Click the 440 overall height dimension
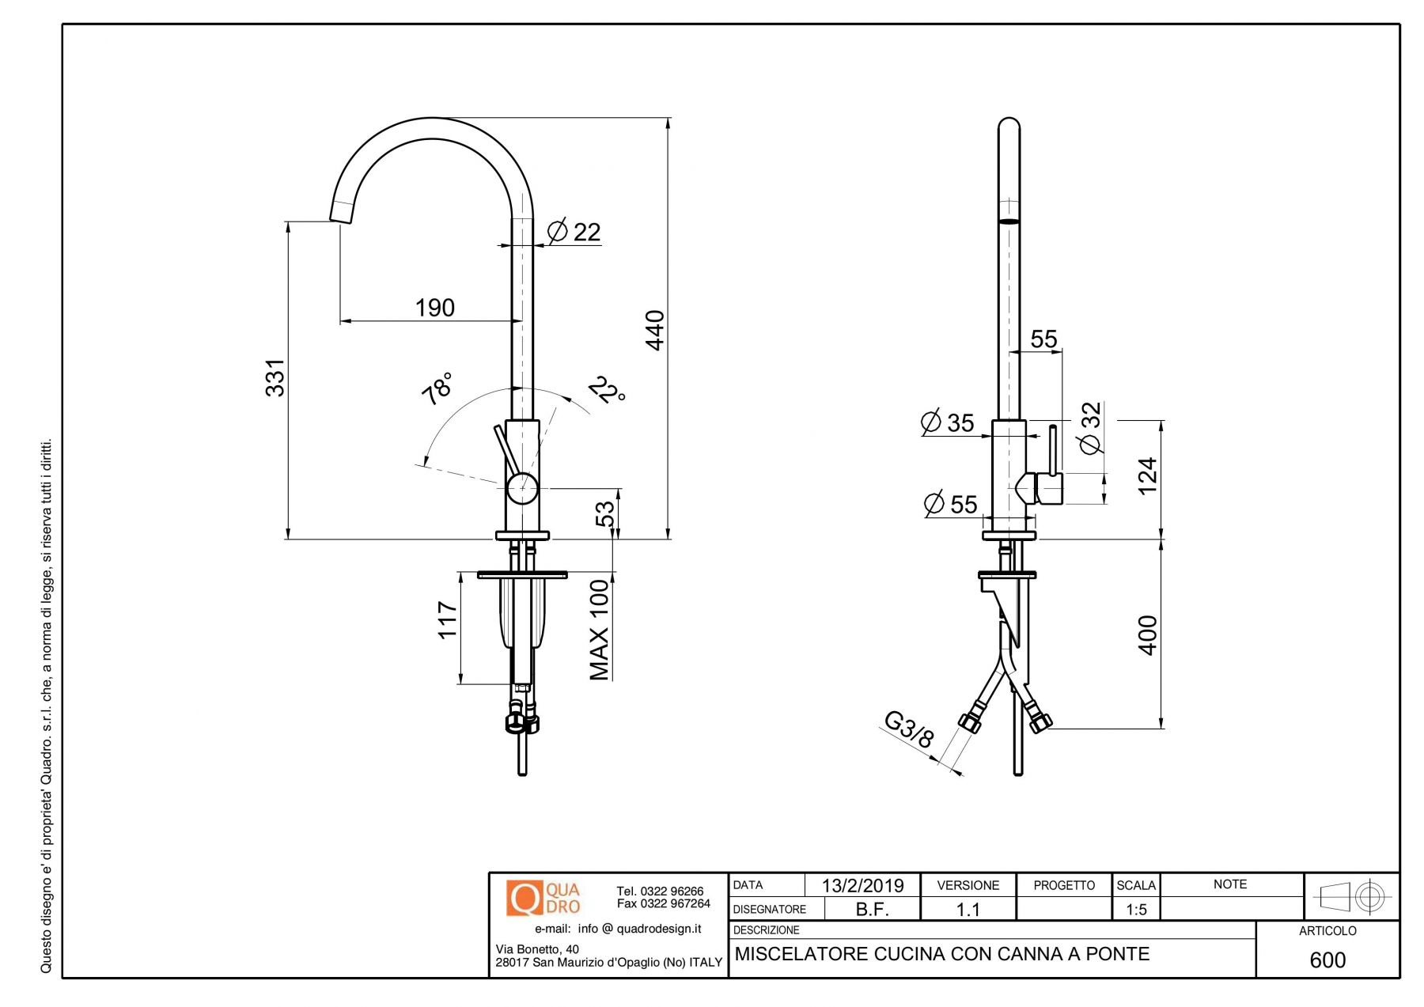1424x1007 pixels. click(x=655, y=330)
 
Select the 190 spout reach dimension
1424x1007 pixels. click(x=434, y=308)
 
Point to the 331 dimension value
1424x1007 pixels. click(x=275, y=377)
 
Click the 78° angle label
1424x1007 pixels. click(x=437, y=388)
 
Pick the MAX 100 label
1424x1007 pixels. click(x=600, y=630)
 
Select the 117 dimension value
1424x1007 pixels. click(x=448, y=619)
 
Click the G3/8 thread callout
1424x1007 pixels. click(x=909, y=729)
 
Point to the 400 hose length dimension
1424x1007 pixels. click(x=1147, y=634)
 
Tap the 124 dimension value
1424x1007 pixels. click(x=1147, y=475)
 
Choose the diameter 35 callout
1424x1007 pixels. click(x=949, y=422)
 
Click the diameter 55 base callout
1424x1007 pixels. click(x=951, y=504)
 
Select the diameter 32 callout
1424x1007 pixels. click(x=1091, y=428)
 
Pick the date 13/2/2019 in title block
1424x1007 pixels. click(x=862, y=885)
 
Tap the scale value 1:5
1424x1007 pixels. click(x=1136, y=910)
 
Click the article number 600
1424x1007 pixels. click(x=1327, y=960)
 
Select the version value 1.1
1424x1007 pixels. click(x=968, y=910)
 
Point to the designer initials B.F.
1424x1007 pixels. click(x=872, y=910)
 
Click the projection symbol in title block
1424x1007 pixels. click(x=1351, y=896)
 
